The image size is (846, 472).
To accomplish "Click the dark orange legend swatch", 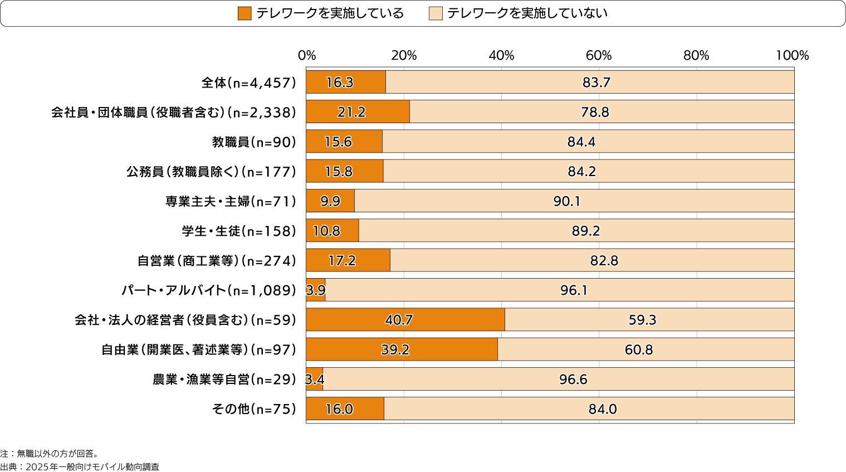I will (x=244, y=13).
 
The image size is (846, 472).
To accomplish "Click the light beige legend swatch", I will (x=436, y=13).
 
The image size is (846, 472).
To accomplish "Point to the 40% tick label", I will (x=501, y=56).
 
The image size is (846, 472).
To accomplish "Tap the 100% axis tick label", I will (x=792, y=56).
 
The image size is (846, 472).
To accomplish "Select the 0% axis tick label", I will (x=307, y=56).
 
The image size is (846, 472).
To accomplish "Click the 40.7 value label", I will (x=399, y=320).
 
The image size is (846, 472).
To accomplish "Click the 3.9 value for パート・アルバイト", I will (x=316, y=290).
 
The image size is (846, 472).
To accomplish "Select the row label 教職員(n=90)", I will (x=254, y=142).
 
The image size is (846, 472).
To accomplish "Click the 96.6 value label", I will (x=573, y=379).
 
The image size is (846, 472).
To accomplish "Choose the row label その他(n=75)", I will (x=254, y=409).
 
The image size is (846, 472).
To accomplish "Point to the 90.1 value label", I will (x=567, y=201).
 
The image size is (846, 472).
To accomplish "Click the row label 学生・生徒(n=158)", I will (x=239, y=231).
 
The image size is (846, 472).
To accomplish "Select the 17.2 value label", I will (x=342, y=261).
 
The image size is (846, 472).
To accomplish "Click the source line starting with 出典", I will (x=80, y=467).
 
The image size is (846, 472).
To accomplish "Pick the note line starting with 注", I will (x=50, y=454).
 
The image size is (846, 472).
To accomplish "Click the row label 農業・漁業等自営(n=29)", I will (x=224, y=379).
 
